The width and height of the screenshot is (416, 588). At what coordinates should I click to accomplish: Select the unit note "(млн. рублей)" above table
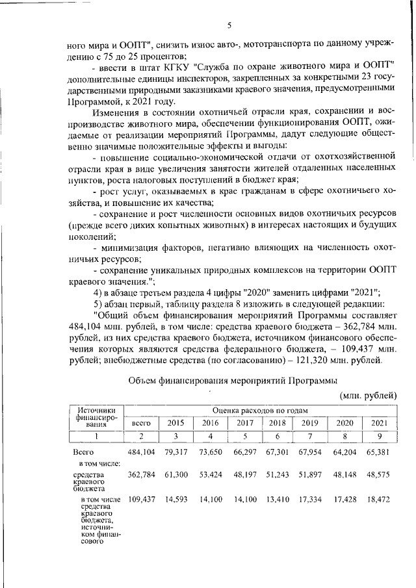pos(367,395)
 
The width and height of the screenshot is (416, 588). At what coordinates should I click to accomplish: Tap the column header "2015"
pos(176,423)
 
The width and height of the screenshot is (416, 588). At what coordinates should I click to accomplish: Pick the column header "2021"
pos(379,423)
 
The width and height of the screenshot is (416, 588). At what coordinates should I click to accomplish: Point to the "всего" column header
pos(142,423)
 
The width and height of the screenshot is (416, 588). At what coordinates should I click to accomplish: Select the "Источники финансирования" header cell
pos(97,416)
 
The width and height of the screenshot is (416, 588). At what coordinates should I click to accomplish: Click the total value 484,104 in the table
pos(142,452)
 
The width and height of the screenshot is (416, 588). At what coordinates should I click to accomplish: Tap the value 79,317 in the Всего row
pos(175,452)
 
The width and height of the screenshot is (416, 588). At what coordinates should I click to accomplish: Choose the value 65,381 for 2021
pos(379,452)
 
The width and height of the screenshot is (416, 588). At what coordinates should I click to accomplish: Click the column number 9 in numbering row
pos(379,436)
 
